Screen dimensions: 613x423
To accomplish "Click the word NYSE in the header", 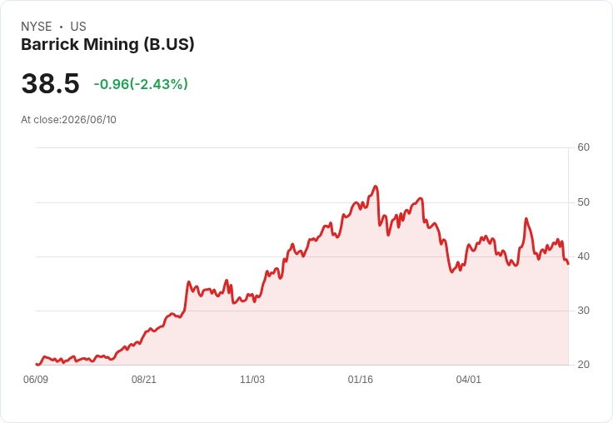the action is pyautogui.click(x=37, y=27).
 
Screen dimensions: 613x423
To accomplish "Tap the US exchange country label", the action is pyautogui.click(x=78, y=27).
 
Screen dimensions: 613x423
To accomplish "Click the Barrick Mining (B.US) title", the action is pyautogui.click(x=107, y=44).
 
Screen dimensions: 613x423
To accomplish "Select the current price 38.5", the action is pyautogui.click(x=51, y=83).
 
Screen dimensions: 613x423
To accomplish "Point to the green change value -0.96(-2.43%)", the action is pyautogui.click(x=141, y=84).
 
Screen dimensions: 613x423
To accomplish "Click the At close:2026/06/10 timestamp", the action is pyautogui.click(x=69, y=120).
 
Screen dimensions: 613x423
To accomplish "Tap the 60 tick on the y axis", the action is pyautogui.click(x=583, y=147).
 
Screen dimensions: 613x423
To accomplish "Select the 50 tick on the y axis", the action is pyautogui.click(x=583, y=202).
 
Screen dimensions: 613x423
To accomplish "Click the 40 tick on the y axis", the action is pyautogui.click(x=583, y=256).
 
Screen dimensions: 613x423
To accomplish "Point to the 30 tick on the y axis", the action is pyautogui.click(x=583, y=311).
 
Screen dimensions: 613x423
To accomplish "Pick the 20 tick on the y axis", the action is pyautogui.click(x=583, y=365).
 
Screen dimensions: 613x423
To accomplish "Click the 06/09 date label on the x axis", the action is pyautogui.click(x=36, y=379).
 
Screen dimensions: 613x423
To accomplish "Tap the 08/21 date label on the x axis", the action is pyautogui.click(x=144, y=379).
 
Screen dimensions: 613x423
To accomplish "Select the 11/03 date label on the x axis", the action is pyautogui.click(x=252, y=379).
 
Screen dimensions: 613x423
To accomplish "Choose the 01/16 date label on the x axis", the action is pyautogui.click(x=361, y=379).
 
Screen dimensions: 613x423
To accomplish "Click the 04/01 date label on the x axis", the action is pyautogui.click(x=468, y=379).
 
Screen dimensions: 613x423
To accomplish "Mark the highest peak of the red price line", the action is pyautogui.click(x=376, y=186).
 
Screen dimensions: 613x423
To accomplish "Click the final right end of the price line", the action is pyautogui.click(x=568, y=264).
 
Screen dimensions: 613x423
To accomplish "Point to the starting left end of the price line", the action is pyautogui.click(x=37, y=364).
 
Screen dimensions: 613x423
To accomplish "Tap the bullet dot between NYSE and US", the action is pyautogui.click(x=61, y=27).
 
